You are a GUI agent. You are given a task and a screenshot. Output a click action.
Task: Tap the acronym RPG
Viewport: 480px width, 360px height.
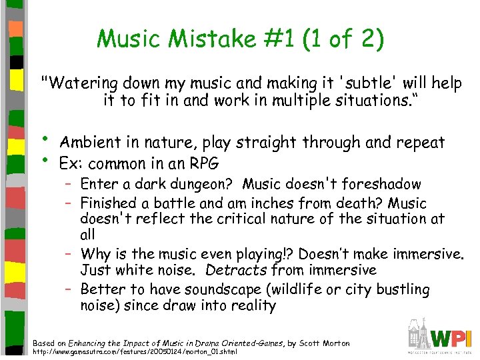click(x=203, y=163)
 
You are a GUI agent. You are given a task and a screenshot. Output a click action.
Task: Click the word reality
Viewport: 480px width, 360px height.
click(x=249, y=306)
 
